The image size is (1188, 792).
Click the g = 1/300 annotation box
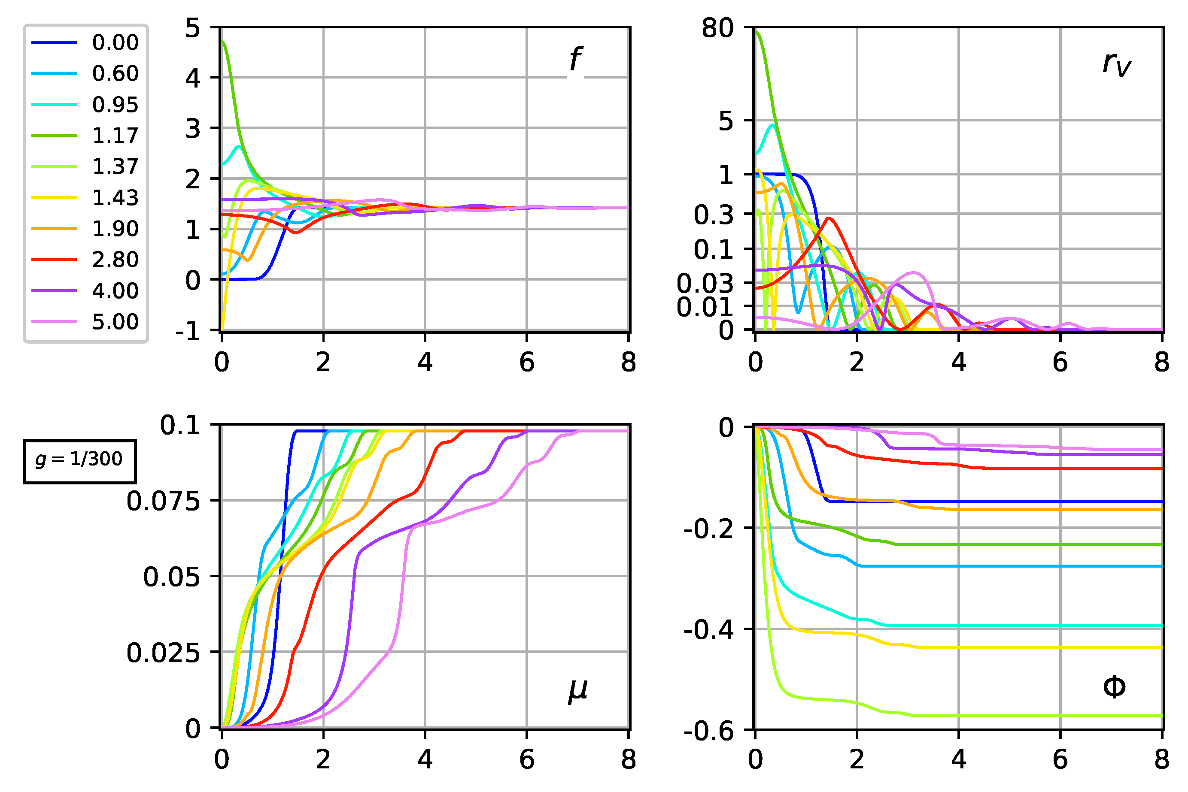(79, 461)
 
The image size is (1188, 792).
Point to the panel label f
(575, 59)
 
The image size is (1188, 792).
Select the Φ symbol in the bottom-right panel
(1114, 687)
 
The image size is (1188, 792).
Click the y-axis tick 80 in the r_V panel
(717, 28)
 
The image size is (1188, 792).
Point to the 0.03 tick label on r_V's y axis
(705, 283)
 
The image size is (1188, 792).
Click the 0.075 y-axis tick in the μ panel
(163, 502)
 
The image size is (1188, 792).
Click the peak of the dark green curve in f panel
(223, 42)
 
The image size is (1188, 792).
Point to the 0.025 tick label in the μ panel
(163, 653)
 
